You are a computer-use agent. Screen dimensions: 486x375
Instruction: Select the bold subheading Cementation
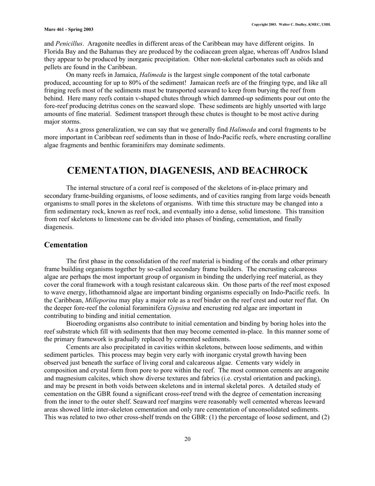click(66, 245)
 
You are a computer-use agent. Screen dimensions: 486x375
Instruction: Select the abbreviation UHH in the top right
click(326, 24)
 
